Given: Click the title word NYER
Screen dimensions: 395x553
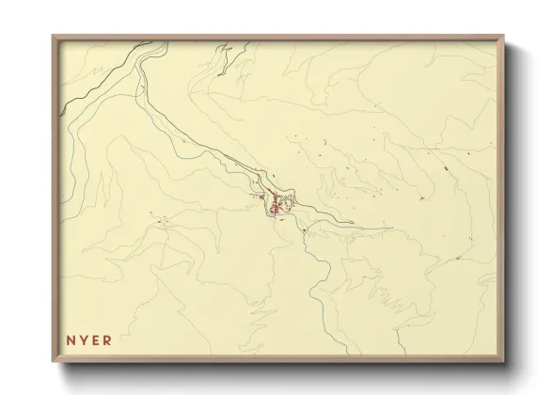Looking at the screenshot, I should pos(89,340).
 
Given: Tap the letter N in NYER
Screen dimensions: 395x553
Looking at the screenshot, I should pos(70,340).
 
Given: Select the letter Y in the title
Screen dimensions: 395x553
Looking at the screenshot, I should pos(83,340).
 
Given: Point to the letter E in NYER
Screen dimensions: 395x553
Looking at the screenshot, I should pos(96,340).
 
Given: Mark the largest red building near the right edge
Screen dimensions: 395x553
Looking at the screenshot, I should pos(442,168).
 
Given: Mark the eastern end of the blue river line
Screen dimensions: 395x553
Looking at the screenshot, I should pos(389,228).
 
